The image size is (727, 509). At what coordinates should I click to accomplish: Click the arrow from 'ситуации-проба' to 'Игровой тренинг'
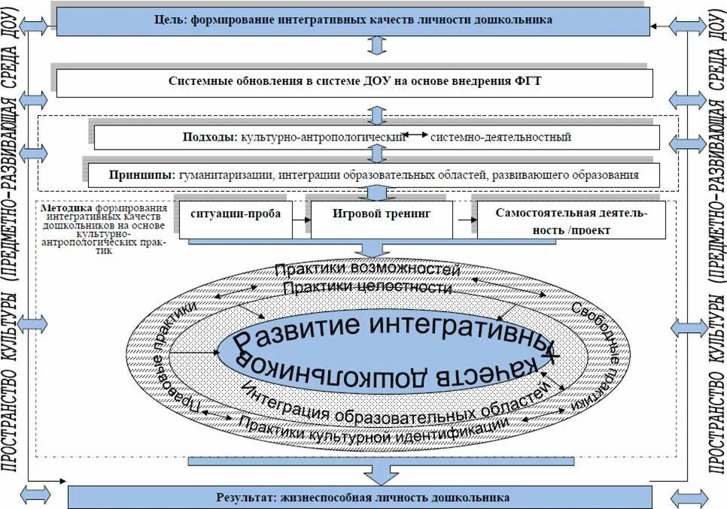click(300, 220)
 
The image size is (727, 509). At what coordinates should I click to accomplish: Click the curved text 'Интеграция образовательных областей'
click(391, 410)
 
